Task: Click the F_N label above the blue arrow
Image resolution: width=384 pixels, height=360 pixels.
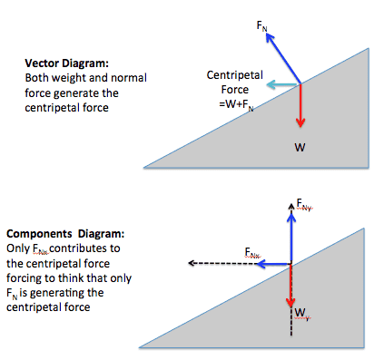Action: [261, 25]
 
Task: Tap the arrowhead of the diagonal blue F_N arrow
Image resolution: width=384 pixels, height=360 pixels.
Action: [270, 38]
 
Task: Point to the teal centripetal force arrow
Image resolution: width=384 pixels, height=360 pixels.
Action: [283, 84]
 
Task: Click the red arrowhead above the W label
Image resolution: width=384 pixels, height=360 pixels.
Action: [300, 122]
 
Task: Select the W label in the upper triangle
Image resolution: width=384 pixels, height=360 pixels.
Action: [300, 147]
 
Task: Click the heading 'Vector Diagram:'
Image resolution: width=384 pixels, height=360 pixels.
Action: [66, 63]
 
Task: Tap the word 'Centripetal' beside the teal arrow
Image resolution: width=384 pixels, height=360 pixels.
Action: [234, 75]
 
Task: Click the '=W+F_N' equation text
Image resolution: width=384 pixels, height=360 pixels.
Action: [236, 104]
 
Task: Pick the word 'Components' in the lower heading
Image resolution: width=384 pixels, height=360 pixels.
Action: [39, 234]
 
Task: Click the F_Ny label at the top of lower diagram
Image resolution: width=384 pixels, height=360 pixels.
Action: [304, 204]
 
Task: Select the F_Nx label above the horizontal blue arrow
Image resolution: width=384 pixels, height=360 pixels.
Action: [252, 253]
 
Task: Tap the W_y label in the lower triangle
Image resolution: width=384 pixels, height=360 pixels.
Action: [302, 314]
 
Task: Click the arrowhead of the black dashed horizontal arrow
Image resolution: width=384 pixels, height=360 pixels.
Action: [192, 263]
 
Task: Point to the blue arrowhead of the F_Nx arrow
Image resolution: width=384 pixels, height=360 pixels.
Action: [261, 264]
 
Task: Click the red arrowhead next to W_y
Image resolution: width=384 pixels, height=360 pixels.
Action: [290, 302]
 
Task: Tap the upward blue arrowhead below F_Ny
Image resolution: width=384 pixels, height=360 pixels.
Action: [291, 218]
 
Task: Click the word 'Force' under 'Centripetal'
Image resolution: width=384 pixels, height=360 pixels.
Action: [235, 90]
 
